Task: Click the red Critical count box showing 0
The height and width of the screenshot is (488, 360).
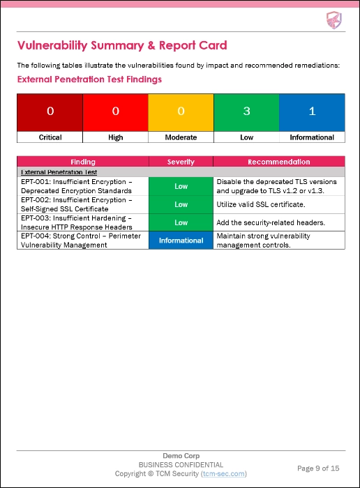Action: click(50, 112)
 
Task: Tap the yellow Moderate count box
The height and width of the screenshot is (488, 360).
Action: click(181, 112)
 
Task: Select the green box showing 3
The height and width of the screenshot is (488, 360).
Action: click(246, 112)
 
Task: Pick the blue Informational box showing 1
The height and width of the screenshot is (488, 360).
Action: click(312, 112)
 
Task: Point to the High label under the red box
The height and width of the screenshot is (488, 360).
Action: click(116, 137)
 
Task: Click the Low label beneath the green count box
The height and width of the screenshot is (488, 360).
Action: click(246, 137)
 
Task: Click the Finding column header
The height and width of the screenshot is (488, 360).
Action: click(83, 162)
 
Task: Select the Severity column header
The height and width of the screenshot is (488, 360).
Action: click(181, 162)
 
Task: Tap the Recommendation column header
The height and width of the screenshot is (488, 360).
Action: click(279, 162)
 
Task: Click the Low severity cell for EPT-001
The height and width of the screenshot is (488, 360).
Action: click(181, 186)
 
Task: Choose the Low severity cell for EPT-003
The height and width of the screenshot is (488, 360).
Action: click(181, 222)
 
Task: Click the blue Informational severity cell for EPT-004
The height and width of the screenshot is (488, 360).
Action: click(181, 241)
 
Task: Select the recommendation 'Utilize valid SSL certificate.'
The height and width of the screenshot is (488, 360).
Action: click(261, 204)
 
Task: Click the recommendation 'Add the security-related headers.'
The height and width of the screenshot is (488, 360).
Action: click(267, 222)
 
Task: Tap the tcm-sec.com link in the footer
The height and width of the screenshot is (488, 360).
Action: click(223, 473)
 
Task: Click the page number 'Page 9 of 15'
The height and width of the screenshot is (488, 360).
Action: click(318, 468)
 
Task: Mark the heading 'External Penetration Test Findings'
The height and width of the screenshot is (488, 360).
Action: click(89, 79)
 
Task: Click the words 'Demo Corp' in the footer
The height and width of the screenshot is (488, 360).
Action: click(180, 455)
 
